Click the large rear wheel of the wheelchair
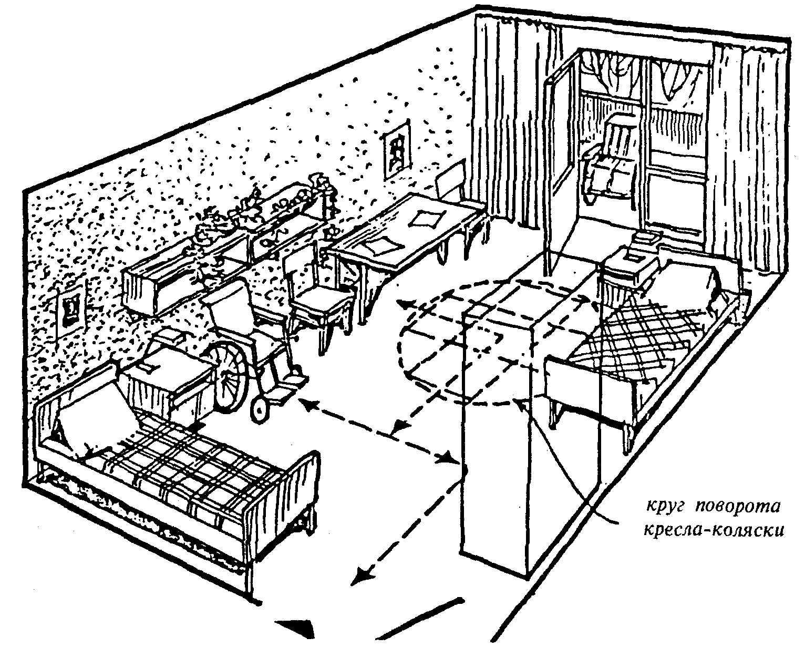tap(231, 374)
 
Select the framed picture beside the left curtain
tap(398, 148)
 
